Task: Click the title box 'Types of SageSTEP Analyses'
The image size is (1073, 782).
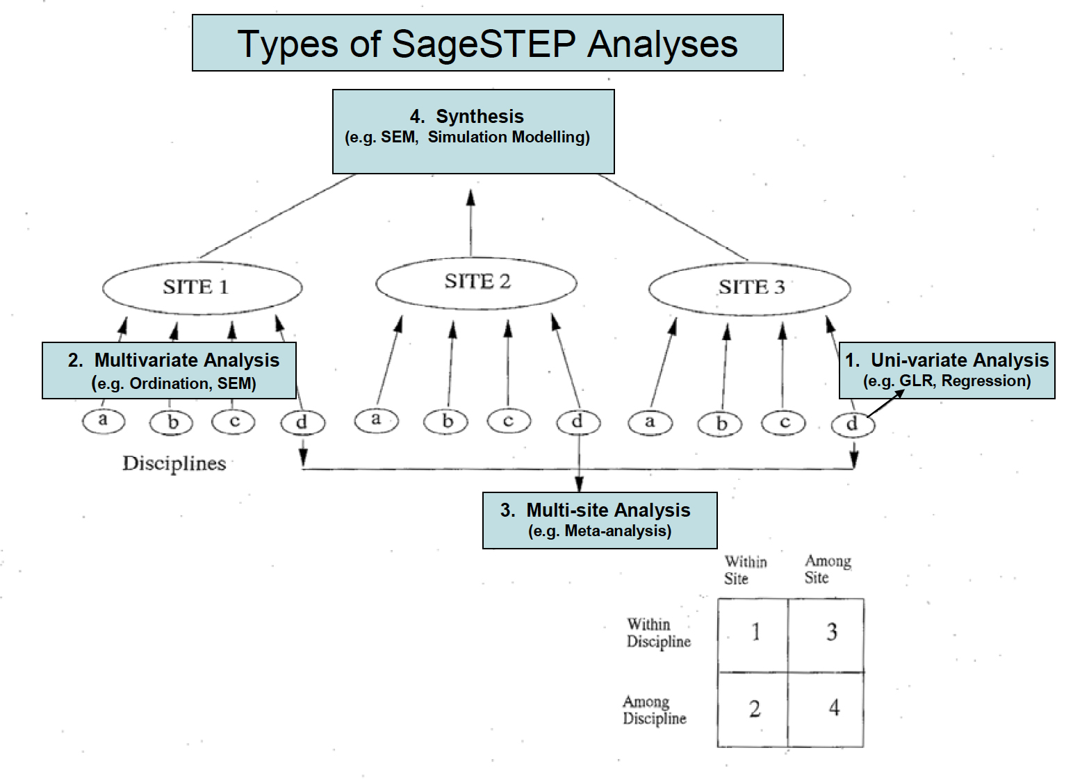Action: click(488, 43)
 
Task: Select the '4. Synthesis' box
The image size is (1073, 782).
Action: click(473, 132)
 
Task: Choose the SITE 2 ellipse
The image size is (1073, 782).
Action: click(476, 258)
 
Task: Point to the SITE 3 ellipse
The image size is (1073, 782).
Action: click(750, 263)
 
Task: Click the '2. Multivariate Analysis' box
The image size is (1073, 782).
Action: click(169, 370)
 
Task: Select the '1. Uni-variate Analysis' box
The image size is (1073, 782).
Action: click(947, 370)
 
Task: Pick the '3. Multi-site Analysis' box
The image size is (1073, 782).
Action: click(600, 520)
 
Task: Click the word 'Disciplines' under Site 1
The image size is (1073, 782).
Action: click(174, 463)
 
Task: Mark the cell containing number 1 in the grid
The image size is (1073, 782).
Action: click(753, 635)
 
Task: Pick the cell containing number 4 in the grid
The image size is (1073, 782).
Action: click(826, 709)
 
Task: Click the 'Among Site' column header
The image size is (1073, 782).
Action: click(828, 569)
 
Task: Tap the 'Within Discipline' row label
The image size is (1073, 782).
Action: click(659, 632)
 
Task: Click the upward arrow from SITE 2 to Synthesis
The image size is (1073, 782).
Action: click(471, 222)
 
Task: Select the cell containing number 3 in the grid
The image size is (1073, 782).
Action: click(826, 635)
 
